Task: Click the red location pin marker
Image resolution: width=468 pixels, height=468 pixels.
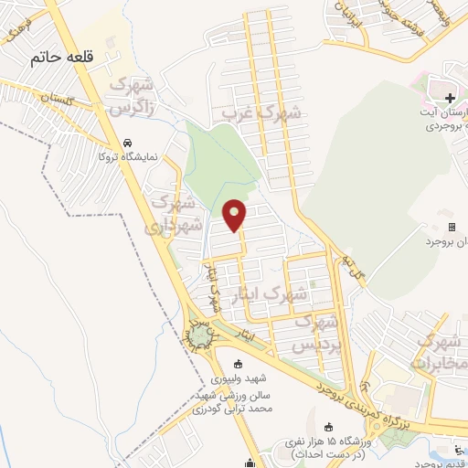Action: click(236, 215)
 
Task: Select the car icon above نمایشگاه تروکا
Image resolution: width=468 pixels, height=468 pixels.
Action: click(130, 144)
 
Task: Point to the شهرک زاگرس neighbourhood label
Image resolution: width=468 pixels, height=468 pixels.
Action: click(131, 94)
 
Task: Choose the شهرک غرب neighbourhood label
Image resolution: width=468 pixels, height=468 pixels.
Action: click(261, 114)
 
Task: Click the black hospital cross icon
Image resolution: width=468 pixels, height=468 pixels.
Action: click(449, 98)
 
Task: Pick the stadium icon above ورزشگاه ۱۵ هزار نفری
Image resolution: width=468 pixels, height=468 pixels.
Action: click(330, 428)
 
